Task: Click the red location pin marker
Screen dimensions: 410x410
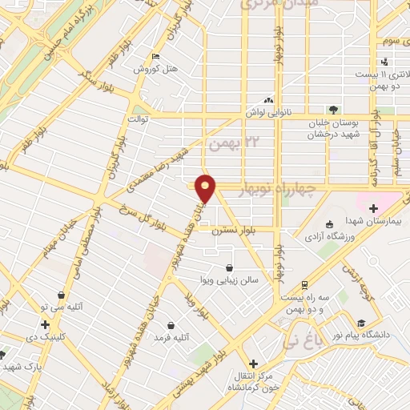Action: [206, 187]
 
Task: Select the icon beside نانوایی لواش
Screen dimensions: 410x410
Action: [268, 101]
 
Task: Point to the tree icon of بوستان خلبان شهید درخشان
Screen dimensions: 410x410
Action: [333, 110]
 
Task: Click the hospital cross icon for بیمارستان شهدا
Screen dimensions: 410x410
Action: [373, 208]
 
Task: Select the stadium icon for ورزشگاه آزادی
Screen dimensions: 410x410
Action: [329, 224]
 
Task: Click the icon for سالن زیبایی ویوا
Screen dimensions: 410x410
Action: [230, 268]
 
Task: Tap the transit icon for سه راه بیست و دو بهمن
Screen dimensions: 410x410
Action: [304, 284]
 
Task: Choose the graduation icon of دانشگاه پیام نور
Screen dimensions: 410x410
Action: [362, 323]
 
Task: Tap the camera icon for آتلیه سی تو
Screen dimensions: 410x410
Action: [61, 295]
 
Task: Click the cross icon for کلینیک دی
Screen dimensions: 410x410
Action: [45, 325]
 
